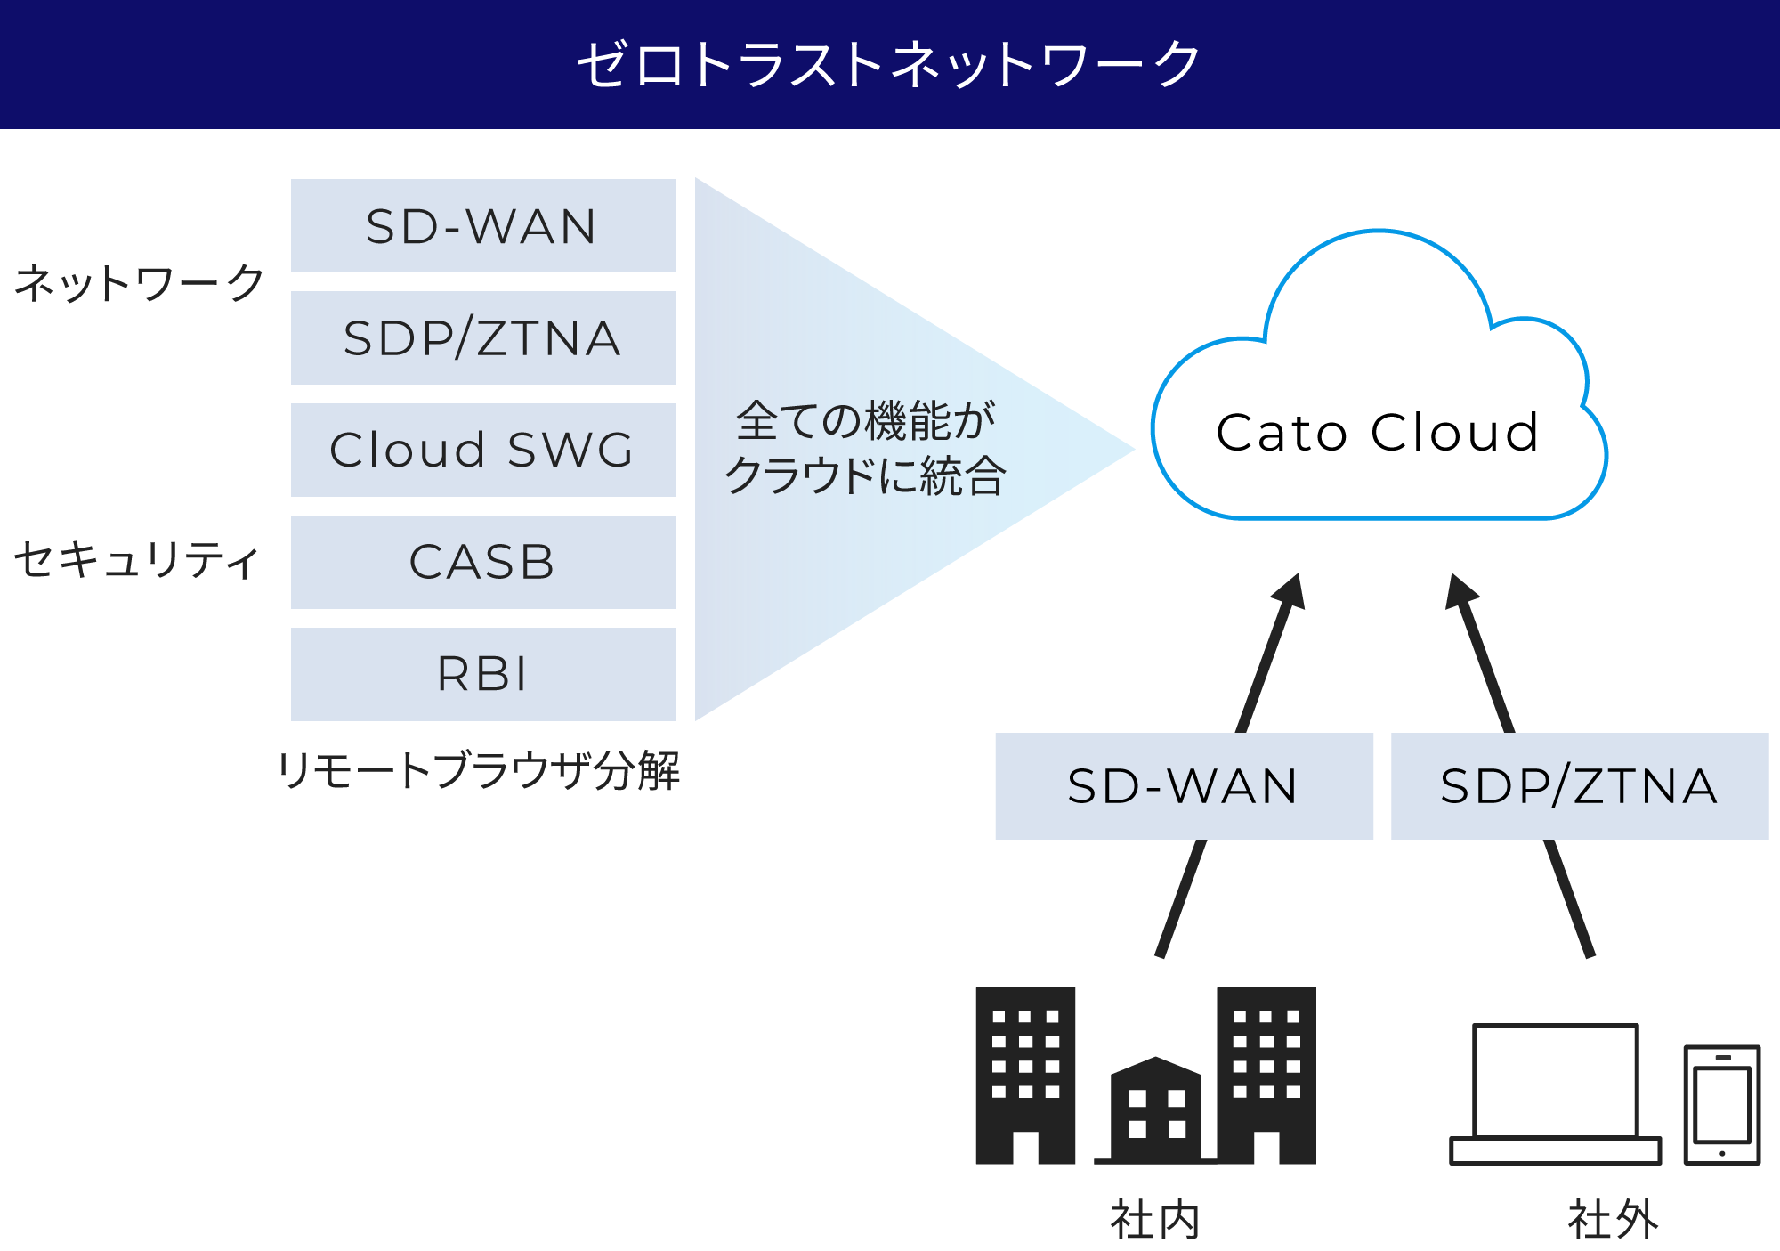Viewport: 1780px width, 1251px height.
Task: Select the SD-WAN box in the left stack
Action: [x=482, y=226]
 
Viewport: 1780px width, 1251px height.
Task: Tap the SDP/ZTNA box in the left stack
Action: [x=482, y=338]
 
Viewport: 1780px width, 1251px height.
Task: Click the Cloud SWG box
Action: [x=482, y=450]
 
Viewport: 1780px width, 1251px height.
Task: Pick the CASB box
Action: [x=482, y=562]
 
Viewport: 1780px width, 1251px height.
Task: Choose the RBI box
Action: [x=482, y=674]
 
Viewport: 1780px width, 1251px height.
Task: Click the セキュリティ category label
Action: [x=136, y=561]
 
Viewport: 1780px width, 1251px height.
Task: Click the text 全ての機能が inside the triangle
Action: [x=865, y=420]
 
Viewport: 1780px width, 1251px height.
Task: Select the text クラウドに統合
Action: [x=865, y=475]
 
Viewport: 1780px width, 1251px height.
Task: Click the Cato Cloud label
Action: [x=1378, y=433]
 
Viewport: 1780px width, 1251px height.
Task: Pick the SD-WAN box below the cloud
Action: [x=1184, y=786]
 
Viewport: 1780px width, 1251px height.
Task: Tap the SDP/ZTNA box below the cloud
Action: [x=1580, y=786]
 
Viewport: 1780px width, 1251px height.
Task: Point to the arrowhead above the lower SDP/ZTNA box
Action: [x=1460, y=592]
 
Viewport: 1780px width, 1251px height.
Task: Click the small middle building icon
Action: [x=1155, y=1111]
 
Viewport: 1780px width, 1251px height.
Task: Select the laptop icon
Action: [x=1555, y=1093]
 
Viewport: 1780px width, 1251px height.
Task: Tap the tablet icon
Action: [x=1722, y=1105]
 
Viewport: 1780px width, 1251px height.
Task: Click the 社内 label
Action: [x=1155, y=1220]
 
